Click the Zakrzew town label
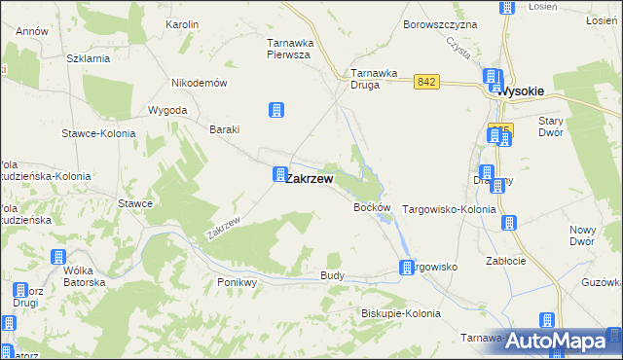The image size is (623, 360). (x=311, y=179)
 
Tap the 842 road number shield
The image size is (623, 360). (x=424, y=84)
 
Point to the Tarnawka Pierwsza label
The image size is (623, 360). (x=288, y=49)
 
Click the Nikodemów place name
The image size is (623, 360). (x=199, y=83)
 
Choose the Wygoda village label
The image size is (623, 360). (x=166, y=110)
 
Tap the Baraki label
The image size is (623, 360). (x=225, y=129)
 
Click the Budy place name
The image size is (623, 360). (x=332, y=276)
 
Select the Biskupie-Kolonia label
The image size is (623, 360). (x=400, y=313)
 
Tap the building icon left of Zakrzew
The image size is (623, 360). (x=279, y=175)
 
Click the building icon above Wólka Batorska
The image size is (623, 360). (x=56, y=258)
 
